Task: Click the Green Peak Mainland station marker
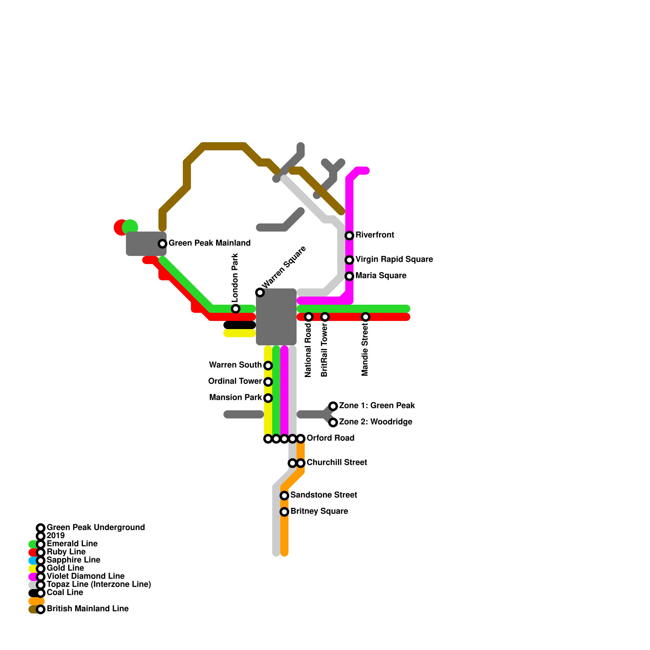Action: click(162, 244)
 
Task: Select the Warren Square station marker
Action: click(260, 292)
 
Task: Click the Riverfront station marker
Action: click(349, 236)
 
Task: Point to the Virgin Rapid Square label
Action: click(394, 259)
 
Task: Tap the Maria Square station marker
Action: click(349, 276)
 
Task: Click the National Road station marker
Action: click(309, 317)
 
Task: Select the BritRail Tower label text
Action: click(324, 350)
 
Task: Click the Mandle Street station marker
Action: click(366, 317)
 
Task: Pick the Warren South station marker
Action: click(268, 366)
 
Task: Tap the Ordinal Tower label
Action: click(235, 381)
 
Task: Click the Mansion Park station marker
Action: click(268, 398)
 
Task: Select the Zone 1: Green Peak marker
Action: click(333, 406)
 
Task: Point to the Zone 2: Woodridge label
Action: click(375, 422)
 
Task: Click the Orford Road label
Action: click(330, 438)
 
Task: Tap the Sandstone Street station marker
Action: click(284, 496)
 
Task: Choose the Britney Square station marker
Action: click(284, 512)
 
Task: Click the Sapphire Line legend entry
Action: click(73, 560)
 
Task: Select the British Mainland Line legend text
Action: click(87, 609)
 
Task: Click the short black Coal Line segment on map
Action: click(240, 325)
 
